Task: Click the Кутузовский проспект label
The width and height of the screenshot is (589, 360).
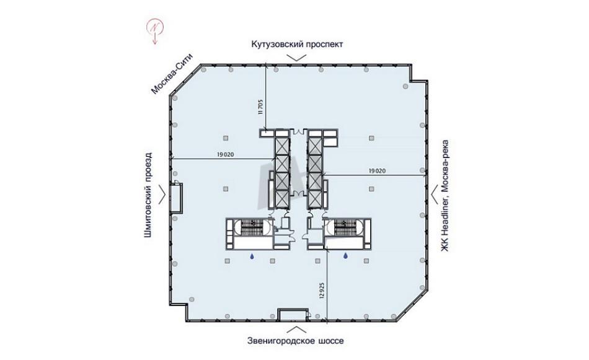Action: tap(297, 44)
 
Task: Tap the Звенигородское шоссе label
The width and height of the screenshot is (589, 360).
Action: tap(296, 341)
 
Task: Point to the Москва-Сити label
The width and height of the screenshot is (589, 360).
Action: tap(172, 74)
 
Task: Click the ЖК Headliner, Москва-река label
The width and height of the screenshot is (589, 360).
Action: tap(445, 196)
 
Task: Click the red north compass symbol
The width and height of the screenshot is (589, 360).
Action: tap(155, 30)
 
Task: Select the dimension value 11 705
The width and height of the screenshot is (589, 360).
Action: tap(260, 107)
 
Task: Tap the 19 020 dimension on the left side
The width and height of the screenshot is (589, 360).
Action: tap(226, 154)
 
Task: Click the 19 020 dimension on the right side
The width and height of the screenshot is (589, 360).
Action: tap(377, 171)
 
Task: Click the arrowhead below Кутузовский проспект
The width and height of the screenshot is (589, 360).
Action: tap(296, 58)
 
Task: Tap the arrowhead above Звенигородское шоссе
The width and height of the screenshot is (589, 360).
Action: tap(296, 329)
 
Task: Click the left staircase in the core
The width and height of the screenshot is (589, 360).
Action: tap(252, 227)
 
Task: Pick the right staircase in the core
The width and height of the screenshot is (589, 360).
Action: tap(345, 227)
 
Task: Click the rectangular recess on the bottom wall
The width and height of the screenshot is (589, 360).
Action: tap(293, 315)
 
